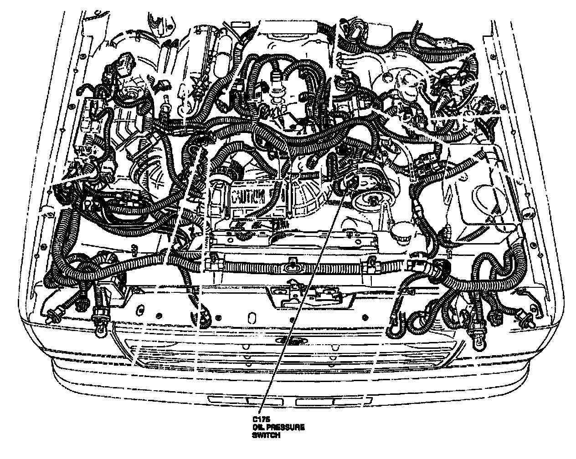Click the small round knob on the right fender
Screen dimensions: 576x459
[x=527, y=213]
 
